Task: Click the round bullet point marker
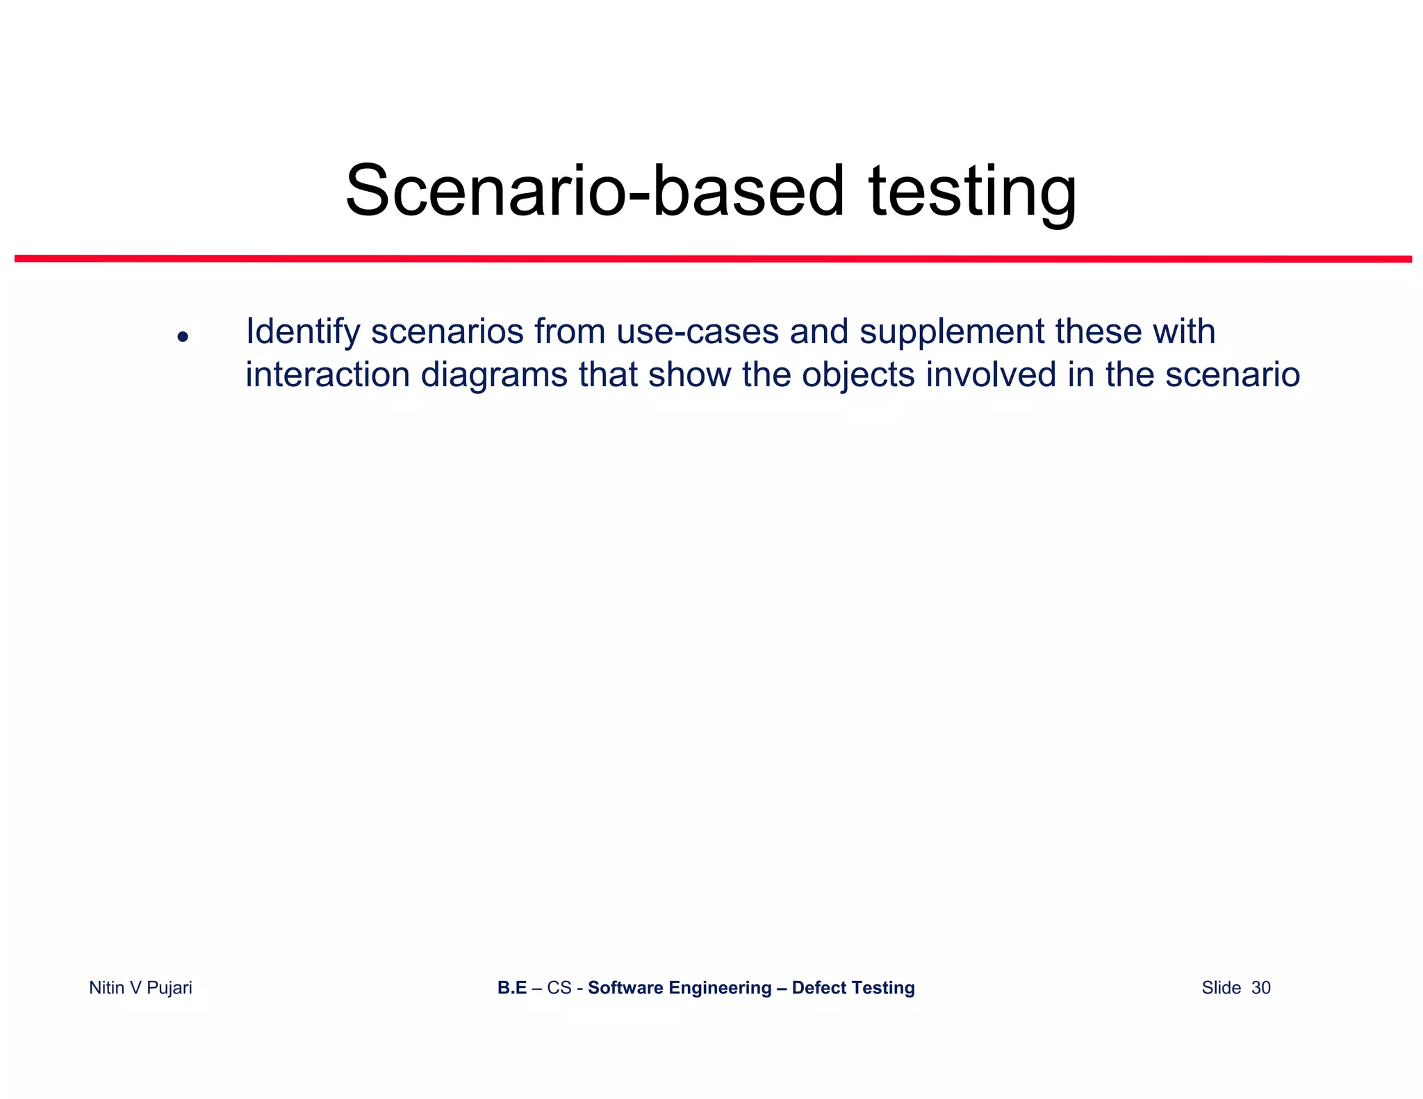click(x=183, y=337)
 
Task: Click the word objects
click(x=858, y=375)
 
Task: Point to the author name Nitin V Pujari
click(x=140, y=988)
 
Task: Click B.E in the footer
click(x=512, y=988)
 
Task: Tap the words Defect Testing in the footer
click(x=853, y=988)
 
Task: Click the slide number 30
click(x=1260, y=988)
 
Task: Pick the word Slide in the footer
click(x=1221, y=988)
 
